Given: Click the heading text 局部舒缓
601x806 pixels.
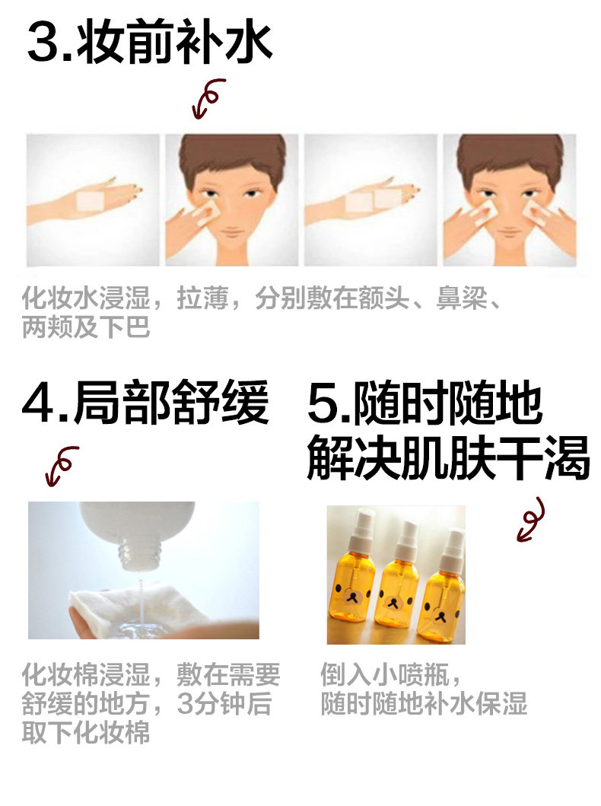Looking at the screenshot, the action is [171, 403].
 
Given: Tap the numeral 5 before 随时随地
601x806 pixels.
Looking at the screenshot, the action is [323, 403].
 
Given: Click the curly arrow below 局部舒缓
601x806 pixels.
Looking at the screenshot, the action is [61, 466].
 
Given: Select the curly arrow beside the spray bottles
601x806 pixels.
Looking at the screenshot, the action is [531, 519].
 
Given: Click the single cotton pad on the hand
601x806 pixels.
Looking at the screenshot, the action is [91, 201].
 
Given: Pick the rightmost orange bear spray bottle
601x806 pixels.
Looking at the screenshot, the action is [444, 591].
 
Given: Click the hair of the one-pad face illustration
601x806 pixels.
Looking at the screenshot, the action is [232, 155].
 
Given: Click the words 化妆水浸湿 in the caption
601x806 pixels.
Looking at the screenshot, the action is [86, 298].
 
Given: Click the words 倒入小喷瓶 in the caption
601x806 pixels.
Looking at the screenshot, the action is [385, 675].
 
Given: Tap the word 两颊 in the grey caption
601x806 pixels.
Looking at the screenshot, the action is [47, 327].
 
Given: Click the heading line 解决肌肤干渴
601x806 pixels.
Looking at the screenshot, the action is [448, 458].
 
